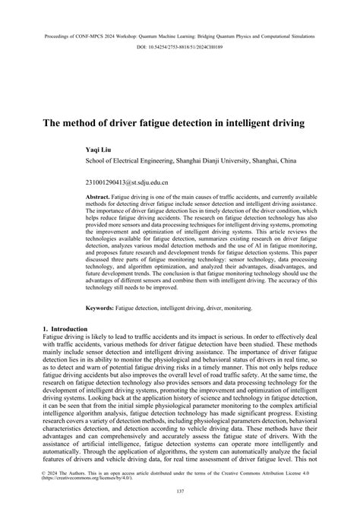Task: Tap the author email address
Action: (x=126, y=183)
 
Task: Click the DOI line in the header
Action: (x=180, y=48)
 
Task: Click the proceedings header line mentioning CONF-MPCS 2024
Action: (x=180, y=35)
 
